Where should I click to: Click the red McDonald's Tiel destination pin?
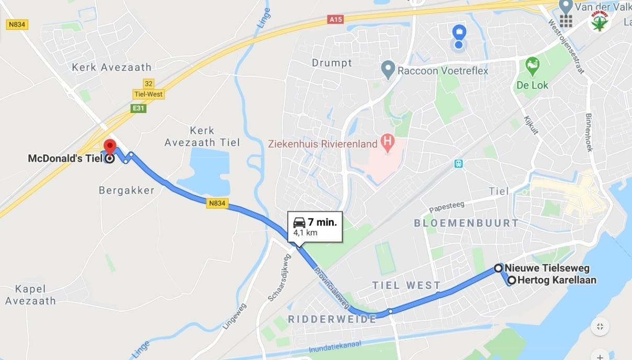(x=109, y=146)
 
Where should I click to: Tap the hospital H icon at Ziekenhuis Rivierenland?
(x=387, y=141)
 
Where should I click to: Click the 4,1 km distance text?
(x=305, y=232)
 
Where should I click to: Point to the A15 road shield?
(x=335, y=19)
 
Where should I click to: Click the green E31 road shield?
(x=139, y=108)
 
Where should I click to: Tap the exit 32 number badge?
(x=149, y=84)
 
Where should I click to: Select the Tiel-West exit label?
(x=149, y=95)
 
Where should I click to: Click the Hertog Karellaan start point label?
(x=557, y=280)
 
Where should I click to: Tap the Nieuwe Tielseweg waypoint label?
(x=547, y=268)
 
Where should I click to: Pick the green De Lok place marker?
(x=532, y=65)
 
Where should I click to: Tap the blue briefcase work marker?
(x=459, y=32)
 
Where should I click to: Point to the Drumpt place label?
(x=332, y=63)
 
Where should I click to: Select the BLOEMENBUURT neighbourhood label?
(x=466, y=223)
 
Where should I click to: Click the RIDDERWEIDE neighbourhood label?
(x=332, y=319)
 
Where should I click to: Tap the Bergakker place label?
(x=127, y=190)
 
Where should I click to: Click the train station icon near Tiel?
(x=458, y=163)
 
